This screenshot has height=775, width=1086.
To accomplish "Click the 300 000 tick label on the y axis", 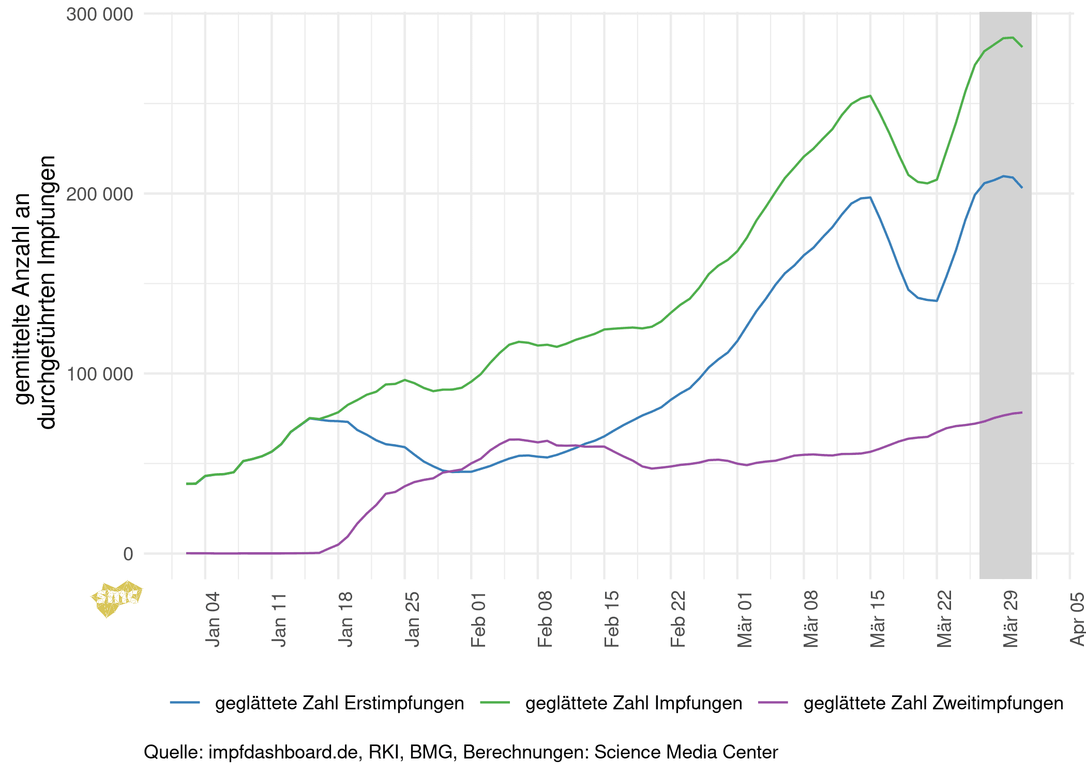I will coord(100,14).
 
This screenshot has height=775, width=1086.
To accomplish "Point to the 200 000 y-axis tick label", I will coord(100,194).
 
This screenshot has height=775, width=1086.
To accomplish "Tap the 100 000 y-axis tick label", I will coord(100,374).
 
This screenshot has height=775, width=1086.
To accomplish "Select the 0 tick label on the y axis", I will coord(128,554).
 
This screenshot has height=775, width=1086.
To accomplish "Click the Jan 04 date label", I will coord(213,619).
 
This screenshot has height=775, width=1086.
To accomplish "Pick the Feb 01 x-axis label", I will coord(478,619).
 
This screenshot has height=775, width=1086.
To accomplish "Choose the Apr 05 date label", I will coord(1077,619).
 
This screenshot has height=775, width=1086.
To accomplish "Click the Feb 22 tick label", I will coord(678,619).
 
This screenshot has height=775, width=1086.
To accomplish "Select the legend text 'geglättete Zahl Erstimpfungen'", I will coord(339,703).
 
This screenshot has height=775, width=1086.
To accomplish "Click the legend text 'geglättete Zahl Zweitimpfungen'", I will coord(933,703).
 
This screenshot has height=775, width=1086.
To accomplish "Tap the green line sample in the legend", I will coord(495,703).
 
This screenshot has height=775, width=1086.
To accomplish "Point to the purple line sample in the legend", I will coord(773,703).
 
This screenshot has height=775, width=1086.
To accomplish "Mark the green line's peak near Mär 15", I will coord(870,96).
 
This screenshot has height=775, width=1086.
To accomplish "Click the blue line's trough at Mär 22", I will coord(937,301).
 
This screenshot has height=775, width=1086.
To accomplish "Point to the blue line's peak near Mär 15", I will coord(870,197).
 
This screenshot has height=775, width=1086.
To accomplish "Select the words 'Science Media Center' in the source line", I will coord(686,752).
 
